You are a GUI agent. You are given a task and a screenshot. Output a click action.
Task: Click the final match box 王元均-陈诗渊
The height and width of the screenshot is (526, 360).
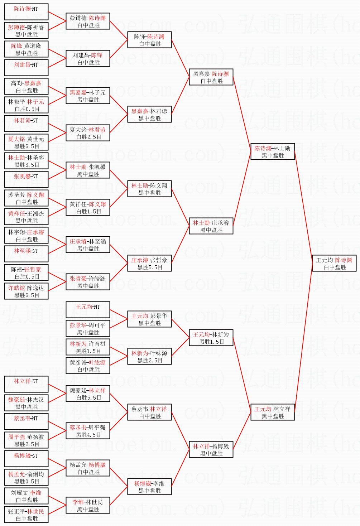pos(334,263)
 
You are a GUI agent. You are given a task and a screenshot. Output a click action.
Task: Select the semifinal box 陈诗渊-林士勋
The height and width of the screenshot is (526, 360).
pos(273,151)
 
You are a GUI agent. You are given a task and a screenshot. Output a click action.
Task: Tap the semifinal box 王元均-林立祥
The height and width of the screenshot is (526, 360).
pos(273,412)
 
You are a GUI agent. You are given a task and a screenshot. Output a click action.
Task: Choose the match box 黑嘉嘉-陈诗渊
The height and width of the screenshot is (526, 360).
pos(211,77)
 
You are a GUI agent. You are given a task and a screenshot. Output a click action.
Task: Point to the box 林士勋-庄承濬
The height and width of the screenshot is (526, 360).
pos(211,226)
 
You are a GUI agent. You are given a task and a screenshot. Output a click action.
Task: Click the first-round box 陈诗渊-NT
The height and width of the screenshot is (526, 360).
pos(26,12)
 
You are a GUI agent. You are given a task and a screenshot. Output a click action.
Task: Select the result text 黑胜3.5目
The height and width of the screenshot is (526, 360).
pos(27,165)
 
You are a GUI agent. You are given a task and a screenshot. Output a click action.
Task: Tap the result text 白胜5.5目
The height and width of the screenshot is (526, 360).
pos(88,397)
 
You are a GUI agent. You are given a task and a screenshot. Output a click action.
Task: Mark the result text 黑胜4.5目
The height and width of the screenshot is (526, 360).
pos(88,435)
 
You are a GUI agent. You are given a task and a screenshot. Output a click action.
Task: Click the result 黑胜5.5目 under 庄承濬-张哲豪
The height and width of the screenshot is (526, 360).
pos(150,267)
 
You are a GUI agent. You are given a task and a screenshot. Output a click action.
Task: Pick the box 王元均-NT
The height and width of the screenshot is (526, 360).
pos(88,310)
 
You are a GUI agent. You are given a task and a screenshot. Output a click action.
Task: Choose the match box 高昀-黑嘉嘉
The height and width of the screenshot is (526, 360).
pos(26,86)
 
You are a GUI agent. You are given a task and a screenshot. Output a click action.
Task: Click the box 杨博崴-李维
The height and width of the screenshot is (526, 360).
pos(149,487)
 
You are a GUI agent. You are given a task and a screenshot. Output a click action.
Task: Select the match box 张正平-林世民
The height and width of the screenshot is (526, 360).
pos(26,515)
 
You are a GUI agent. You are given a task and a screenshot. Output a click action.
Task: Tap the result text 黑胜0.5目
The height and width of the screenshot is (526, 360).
pos(27,481)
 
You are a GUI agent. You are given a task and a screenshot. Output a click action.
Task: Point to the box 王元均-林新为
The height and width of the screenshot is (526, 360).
pos(211,338)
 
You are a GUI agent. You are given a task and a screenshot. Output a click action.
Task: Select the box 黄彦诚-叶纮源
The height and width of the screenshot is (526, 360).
pos(88,366)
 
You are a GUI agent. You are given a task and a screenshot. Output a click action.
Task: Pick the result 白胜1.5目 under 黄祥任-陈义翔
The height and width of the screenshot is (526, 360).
pos(88,211)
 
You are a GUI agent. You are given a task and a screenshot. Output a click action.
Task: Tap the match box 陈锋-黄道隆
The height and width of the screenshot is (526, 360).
pos(26,49)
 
